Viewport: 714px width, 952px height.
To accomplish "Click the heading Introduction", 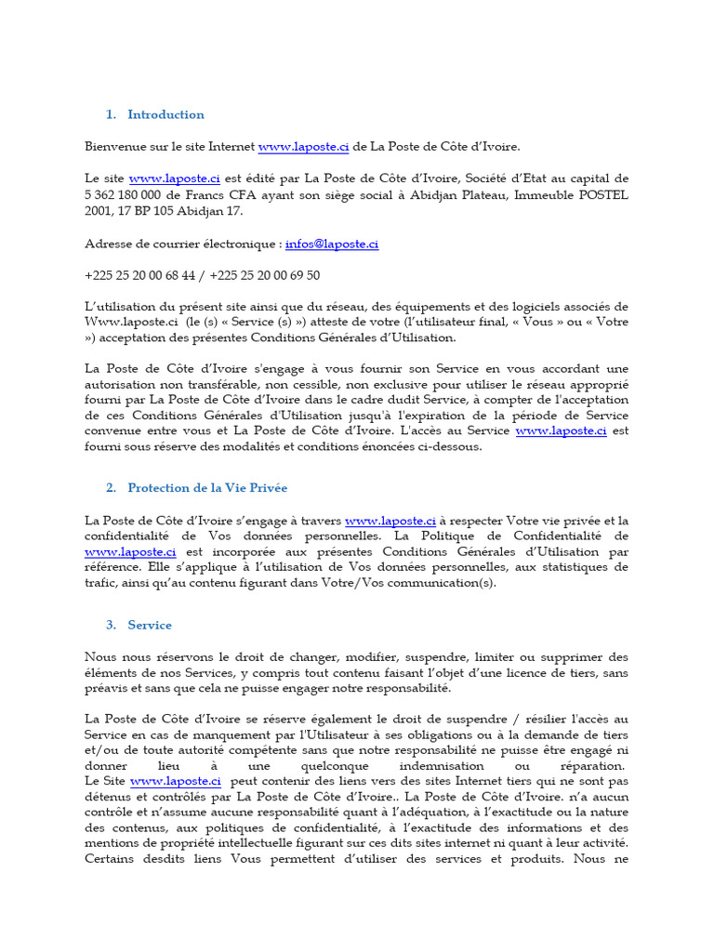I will (165, 114).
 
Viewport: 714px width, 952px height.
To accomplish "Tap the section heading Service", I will (150, 625).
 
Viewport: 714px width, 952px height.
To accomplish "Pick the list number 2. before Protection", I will (111, 488).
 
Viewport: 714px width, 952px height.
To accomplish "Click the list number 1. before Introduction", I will (111, 114).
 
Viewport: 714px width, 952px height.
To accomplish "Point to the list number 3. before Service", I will (111, 625).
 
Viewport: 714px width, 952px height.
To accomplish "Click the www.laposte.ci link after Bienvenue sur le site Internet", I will (303, 146).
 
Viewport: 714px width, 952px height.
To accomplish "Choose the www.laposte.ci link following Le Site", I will (175, 782).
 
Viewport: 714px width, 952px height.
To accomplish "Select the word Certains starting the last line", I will (113, 858).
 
